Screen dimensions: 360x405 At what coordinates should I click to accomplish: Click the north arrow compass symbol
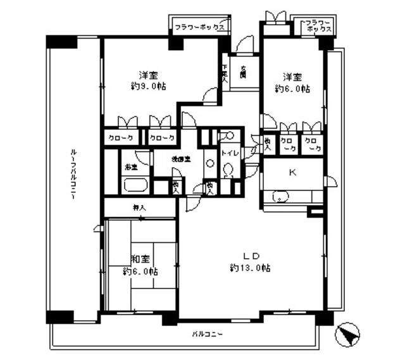(x=347, y=333)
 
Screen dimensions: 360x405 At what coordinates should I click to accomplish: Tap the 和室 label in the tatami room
(x=140, y=258)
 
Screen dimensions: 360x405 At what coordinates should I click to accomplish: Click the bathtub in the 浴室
(x=135, y=186)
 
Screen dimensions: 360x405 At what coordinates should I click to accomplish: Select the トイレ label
(x=228, y=153)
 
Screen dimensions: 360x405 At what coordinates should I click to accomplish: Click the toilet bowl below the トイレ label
(x=228, y=171)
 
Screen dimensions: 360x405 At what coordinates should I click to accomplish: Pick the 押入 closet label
(x=139, y=207)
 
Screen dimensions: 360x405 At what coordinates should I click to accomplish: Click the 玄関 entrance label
(x=243, y=71)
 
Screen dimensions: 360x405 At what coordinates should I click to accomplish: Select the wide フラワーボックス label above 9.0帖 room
(x=199, y=27)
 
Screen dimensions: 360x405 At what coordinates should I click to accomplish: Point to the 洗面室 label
(x=178, y=159)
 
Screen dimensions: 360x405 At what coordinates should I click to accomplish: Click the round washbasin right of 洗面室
(x=209, y=163)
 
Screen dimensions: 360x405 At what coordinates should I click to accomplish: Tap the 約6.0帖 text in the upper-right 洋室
(x=292, y=89)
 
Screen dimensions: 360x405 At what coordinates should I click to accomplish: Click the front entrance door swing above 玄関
(x=245, y=46)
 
